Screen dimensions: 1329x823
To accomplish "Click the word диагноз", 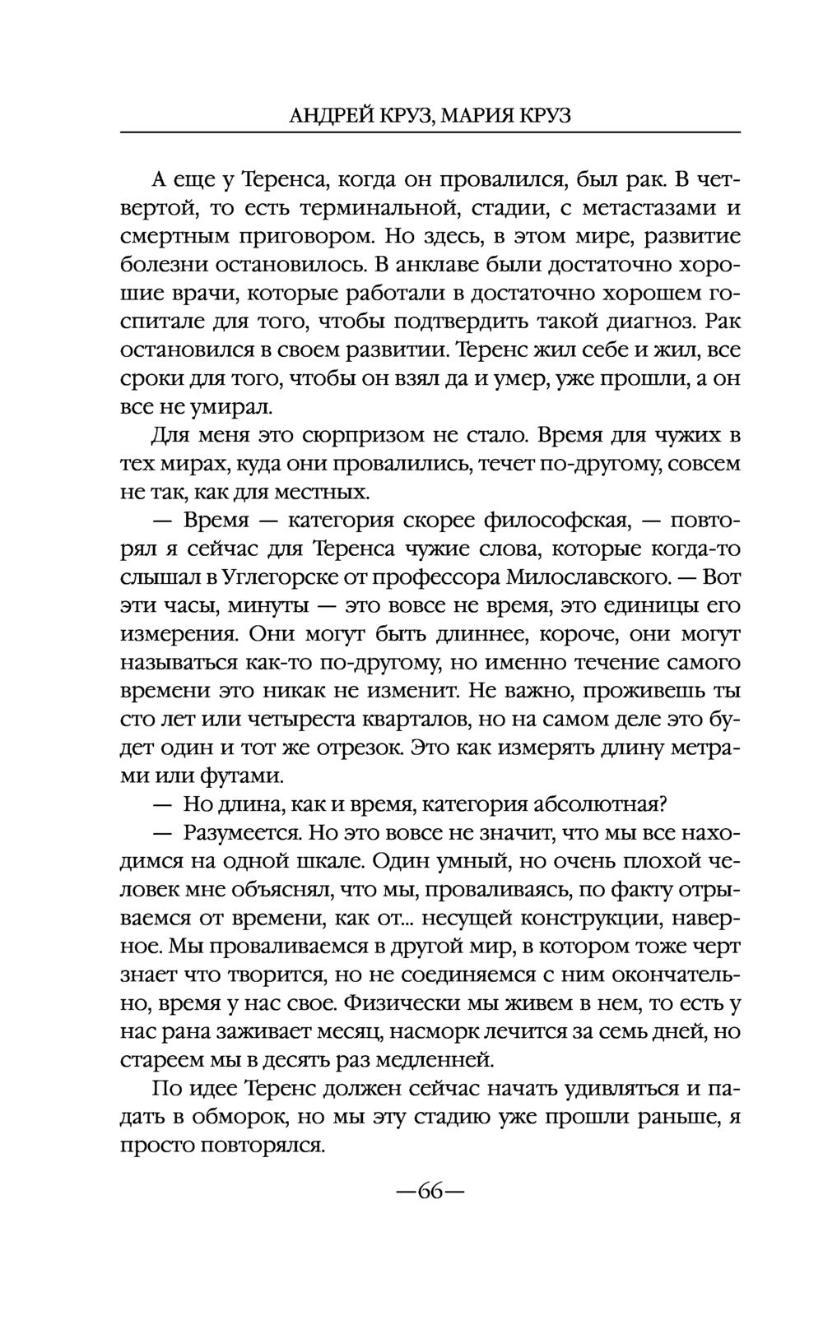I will click(x=638, y=322).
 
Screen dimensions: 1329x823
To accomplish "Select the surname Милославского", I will click(x=585, y=578).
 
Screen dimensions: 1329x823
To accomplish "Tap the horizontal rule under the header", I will click(x=430, y=132).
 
